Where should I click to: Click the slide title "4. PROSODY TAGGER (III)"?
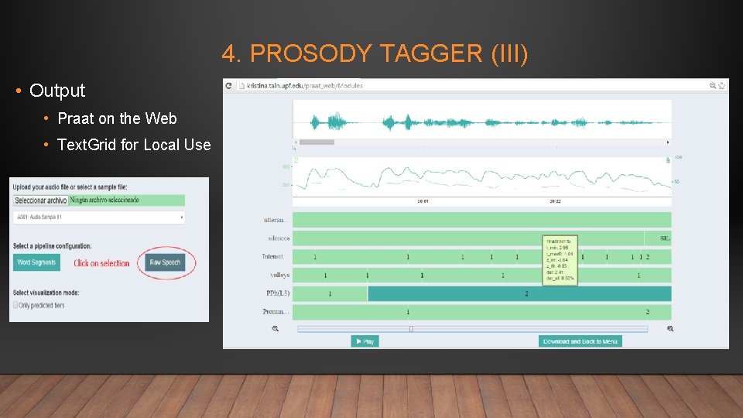pyautogui.click(x=375, y=53)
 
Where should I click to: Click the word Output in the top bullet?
pyautogui.click(x=57, y=91)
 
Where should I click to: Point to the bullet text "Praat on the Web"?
pyautogui.click(x=117, y=118)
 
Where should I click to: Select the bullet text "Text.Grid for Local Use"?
pyautogui.click(x=134, y=145)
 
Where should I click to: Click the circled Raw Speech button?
pyautogui.click(x=165, y=262)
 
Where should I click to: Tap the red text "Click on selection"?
pyautogui.click(x=101, y=263)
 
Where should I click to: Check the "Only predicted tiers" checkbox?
pyautogui.click(x=15, y=305)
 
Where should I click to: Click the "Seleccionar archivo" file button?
pyautogui.click(x=40, y=200)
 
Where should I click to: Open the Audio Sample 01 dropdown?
pyautogui.click(x=99, y=218)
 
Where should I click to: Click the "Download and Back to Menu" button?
pyautogui.click(x=580, y=341)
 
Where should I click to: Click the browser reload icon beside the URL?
pyautogui.click(x=229, y=85)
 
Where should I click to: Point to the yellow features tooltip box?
pyautogui.click(x=560, y=260)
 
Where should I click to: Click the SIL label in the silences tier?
pyautogui.click(x=665, y=238)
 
